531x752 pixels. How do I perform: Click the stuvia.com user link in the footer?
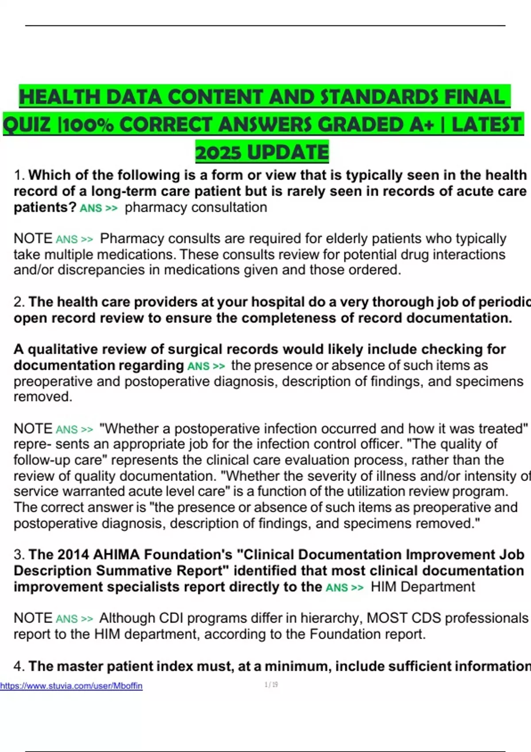click(x=71, y=686)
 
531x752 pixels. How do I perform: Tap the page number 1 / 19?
click(x=271, y=685)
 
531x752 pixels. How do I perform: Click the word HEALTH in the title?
click(x=60, y=97)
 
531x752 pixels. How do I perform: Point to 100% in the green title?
click(x=88, y=125)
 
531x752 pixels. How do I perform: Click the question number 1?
click(x=19, y=175)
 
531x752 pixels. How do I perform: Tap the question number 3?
click(x=19, y=555)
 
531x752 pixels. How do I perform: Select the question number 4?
click(x=19, y=666)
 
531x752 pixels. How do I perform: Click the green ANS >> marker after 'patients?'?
click(x=98, y=208)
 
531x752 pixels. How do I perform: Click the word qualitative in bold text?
click(x=64, y=349)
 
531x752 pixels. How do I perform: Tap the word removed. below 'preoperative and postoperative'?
click(x=42, y=397)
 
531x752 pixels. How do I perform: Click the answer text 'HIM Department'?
click(x=423, y=587)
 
